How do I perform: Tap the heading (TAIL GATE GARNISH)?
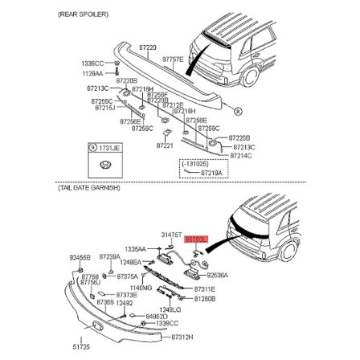(89, 186)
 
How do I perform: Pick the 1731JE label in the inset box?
(105, 147)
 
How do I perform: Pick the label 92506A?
(218, 274)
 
